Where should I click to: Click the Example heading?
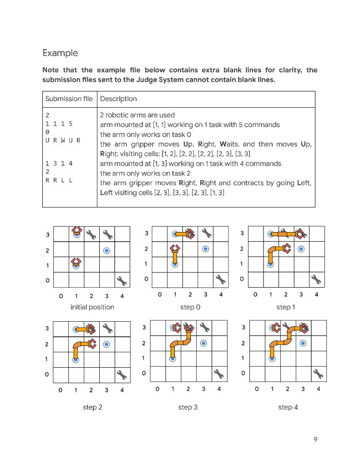click(x=60, y=53)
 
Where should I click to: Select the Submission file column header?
click(x=69, y=99)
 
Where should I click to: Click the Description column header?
click(x=118, y=99)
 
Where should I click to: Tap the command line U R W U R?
click(x=62, y=140)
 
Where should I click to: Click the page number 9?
click(x=315, y=439)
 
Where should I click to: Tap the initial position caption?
click(x=92, y=307)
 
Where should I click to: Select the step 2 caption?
click(x=92, y=407)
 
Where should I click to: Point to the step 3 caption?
click(x=188, y=407)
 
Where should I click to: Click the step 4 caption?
click(x=288, y=407)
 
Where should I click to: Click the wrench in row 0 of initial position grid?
click(x=122, y=281)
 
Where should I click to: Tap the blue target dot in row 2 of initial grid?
click(x=106, y=250)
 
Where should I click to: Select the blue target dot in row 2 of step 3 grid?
click(x=203, y=343)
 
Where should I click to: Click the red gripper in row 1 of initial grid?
click(x=76, y=262)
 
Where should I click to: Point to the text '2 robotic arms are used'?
click(x=137, y=115)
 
